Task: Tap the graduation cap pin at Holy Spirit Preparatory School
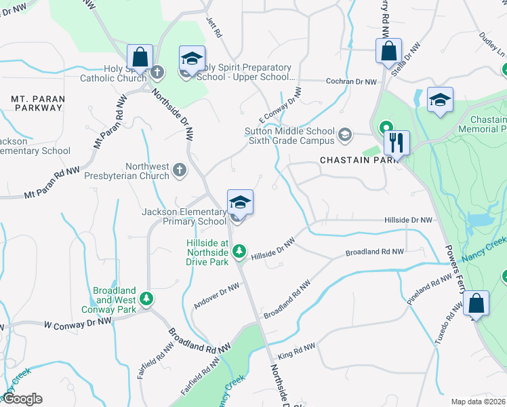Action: (x=192, y=58)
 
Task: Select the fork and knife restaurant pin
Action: (x=397, y=143)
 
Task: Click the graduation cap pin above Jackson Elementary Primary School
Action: (x=240, y=201)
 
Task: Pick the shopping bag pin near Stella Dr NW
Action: (x=389, y=51)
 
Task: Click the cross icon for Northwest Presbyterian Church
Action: (x=179, y=169)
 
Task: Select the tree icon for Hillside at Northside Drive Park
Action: (x=239, y=252)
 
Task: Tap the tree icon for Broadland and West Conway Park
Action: (x=146, y=298)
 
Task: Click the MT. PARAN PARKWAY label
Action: (x=38, y=103)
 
